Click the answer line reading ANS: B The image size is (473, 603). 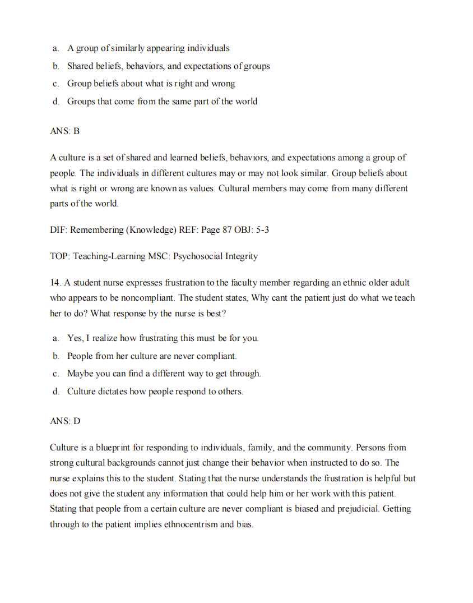tap(65, 131)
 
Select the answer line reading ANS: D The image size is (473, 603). tap(65, 421)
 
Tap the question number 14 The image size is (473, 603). tap(55, 283)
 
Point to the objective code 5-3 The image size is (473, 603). tap(263, 229)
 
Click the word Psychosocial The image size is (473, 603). tap(198, 256)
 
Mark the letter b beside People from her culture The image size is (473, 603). tap(56, 356)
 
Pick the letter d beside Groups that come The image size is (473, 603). tap(56, 102)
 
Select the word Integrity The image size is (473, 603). tap(242, 256)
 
